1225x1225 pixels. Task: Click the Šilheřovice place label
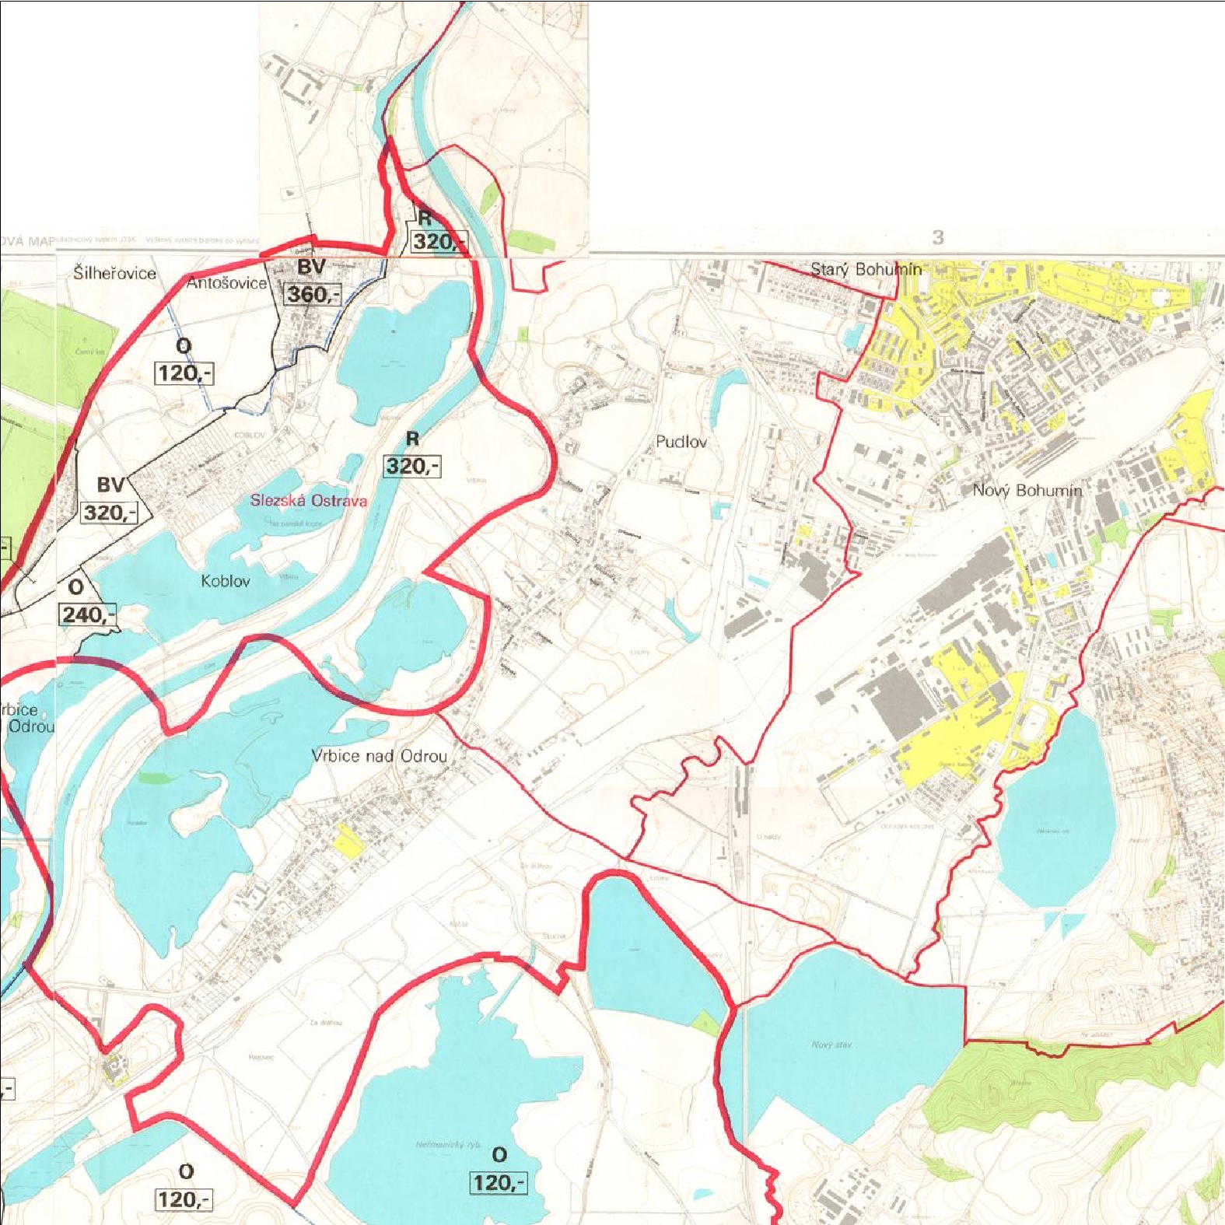click(114, 273)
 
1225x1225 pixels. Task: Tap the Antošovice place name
click(226, 283)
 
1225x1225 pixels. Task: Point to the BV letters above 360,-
click(311, 268)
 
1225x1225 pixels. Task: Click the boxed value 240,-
click(88, 614)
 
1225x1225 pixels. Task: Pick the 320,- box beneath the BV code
click(109, 513)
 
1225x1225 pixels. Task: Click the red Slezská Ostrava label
click(308, 500)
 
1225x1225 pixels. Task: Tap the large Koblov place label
click(226, 581)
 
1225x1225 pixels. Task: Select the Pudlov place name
click(681, 442)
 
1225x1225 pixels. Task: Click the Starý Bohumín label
click(866, 269)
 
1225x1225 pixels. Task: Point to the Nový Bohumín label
click(1027, 490)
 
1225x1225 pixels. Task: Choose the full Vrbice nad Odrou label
click(380, 755)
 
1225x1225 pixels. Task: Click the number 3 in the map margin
click(938, 237)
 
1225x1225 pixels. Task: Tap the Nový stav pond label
click(831, 1045)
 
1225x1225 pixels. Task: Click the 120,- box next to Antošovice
click(184, 373)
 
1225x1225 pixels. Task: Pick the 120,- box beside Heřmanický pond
click(499, 1183)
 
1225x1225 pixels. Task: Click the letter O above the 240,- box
click(75, 587)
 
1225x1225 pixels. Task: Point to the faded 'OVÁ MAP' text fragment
click(28, 241)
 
